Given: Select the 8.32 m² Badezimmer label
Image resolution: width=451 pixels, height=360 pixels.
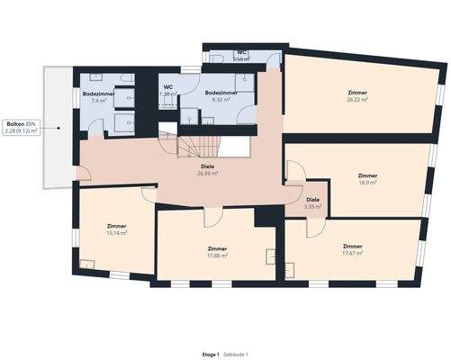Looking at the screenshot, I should click(220, 97).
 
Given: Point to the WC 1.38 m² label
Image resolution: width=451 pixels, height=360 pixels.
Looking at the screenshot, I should click(168, 90).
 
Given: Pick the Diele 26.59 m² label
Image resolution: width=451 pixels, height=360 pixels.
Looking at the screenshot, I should click(208, 170).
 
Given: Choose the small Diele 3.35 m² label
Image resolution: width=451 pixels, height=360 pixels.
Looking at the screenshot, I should click(313, 203).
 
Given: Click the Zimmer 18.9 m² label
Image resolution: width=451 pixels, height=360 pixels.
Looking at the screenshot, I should click(366, 179).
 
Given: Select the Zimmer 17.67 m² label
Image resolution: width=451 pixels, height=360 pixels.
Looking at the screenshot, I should click(352, 249).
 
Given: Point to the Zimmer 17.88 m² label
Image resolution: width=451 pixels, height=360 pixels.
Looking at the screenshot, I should click(216, 251).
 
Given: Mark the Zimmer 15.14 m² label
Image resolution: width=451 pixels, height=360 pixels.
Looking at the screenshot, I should click(116, 229).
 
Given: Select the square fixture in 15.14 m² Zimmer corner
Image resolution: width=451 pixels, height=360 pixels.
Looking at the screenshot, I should click(87, 264).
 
